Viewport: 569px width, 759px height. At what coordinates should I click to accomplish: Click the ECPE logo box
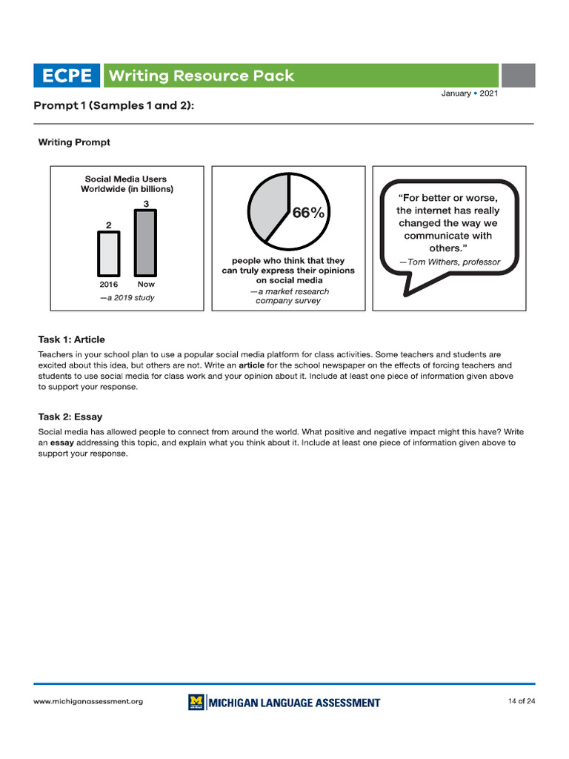[x=67, y=76]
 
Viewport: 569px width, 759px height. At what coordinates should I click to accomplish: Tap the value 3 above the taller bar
[x=145, y=203]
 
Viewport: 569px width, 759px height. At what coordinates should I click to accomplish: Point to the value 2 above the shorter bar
[x=108, y=225]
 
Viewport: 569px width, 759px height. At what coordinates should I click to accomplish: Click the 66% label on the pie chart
[x=308, y=213]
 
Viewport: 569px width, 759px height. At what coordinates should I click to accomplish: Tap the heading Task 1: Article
[x=71, y=339]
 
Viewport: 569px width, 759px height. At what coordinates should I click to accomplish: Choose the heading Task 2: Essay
[x=70, y=417]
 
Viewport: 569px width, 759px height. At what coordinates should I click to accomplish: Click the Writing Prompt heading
[x=74, y=142]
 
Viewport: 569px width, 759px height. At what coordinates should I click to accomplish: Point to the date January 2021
[x=470, y=93]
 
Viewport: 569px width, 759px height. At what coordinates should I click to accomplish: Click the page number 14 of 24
[x=522, y=701]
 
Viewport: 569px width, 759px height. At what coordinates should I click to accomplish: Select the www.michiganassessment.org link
[x=88, y=702]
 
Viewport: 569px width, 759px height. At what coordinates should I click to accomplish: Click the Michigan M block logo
[x=196, y=702]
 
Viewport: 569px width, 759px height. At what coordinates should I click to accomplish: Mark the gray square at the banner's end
[x=518, y=76]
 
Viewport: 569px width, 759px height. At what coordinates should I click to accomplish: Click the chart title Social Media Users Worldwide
[x=126, y=184]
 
